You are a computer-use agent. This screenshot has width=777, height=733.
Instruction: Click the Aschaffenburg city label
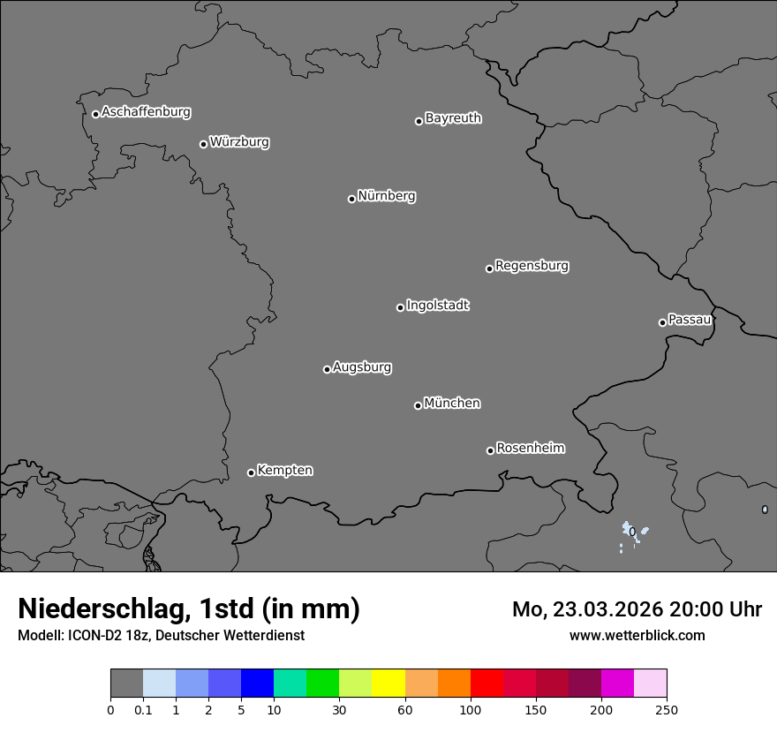click(x=146, y=112)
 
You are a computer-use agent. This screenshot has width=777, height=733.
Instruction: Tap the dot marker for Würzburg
click(x=203, y=144)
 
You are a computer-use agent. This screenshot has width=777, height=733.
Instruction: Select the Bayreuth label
click(x=453, y=118)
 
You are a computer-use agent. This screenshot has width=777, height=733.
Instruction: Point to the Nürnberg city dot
click(x=351, y=199)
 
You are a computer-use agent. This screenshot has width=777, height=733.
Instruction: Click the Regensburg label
click(x=532, y=266)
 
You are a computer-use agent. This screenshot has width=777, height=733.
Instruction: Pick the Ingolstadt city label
click(x=437, y=306)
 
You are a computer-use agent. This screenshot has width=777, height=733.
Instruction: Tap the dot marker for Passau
click(x=662, y=322)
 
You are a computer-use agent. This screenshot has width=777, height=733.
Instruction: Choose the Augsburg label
click(x=362, y=367)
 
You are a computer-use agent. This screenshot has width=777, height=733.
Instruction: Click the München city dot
click(x=418, y=405)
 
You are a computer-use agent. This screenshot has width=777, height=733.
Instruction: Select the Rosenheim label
click(x=530, y=449)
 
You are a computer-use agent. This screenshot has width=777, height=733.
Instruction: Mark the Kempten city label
click(x=284, y=471)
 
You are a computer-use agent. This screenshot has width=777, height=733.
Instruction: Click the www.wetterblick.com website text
click(x=637, y=635)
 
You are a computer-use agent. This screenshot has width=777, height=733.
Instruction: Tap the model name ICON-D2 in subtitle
click(x=88, y=635)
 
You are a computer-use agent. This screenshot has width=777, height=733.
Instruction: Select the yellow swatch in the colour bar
click(x=388, y=684)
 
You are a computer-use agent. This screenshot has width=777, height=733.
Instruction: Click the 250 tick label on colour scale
click(x=667, y=709)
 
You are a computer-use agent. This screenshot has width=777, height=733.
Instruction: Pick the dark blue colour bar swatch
click(x=257, y=684)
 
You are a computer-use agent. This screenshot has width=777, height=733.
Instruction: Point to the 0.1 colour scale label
click(x=143, y=709)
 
